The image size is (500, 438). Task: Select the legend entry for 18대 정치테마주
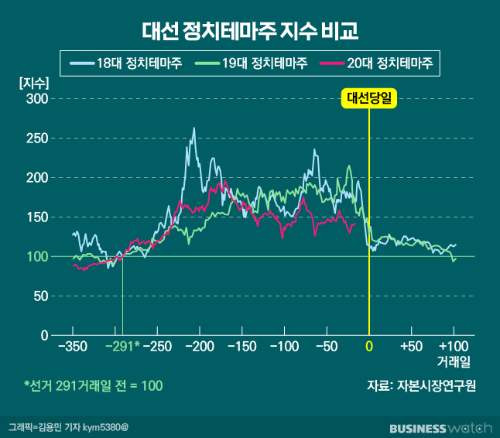pos(126,63)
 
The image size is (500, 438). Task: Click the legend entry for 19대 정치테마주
pos(251,63)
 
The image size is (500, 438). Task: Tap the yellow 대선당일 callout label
pos(368,98)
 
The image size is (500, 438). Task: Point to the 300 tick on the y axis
pos(37,99)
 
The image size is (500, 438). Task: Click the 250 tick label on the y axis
pos(37,139)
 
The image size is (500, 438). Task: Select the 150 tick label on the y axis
pos(37,217)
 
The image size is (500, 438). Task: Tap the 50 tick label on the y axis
pos(40,296)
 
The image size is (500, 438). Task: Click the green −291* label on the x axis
pos(122,346)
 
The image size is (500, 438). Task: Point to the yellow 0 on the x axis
pos(369,346)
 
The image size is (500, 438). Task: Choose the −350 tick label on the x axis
pos(72,346)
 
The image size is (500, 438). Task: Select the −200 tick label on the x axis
pos(199,346)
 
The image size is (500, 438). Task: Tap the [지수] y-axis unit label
pos(34,83)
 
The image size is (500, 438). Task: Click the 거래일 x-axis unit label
pos(454,361)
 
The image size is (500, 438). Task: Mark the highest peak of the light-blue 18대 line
pos(193,129)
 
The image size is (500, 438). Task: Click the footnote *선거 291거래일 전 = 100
pos(93,385)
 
